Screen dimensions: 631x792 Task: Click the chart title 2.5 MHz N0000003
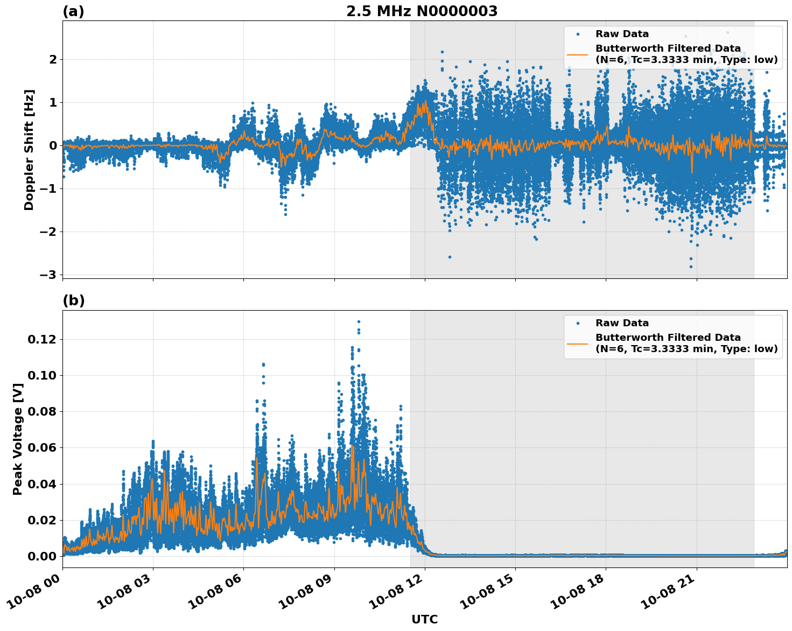[422, 11]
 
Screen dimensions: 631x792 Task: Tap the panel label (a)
[73, 11]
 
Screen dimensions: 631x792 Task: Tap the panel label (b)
[73, 300]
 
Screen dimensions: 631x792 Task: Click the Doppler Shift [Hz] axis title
[29, 150]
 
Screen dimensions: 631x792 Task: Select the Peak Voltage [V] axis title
[18, 439]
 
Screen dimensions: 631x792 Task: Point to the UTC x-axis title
[424, 619]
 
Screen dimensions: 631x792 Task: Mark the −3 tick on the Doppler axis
[48, 275]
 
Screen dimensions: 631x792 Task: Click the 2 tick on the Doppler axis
[53, 59]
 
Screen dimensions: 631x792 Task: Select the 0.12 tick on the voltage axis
[42, 339]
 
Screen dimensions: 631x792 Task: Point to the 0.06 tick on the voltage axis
[42, 447]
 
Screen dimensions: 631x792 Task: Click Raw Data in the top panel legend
[622, 34]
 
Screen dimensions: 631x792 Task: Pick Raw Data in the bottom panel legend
[622, 323]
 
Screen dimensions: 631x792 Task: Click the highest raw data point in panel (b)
[359, 321]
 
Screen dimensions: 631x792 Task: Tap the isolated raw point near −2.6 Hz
[450, 257]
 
